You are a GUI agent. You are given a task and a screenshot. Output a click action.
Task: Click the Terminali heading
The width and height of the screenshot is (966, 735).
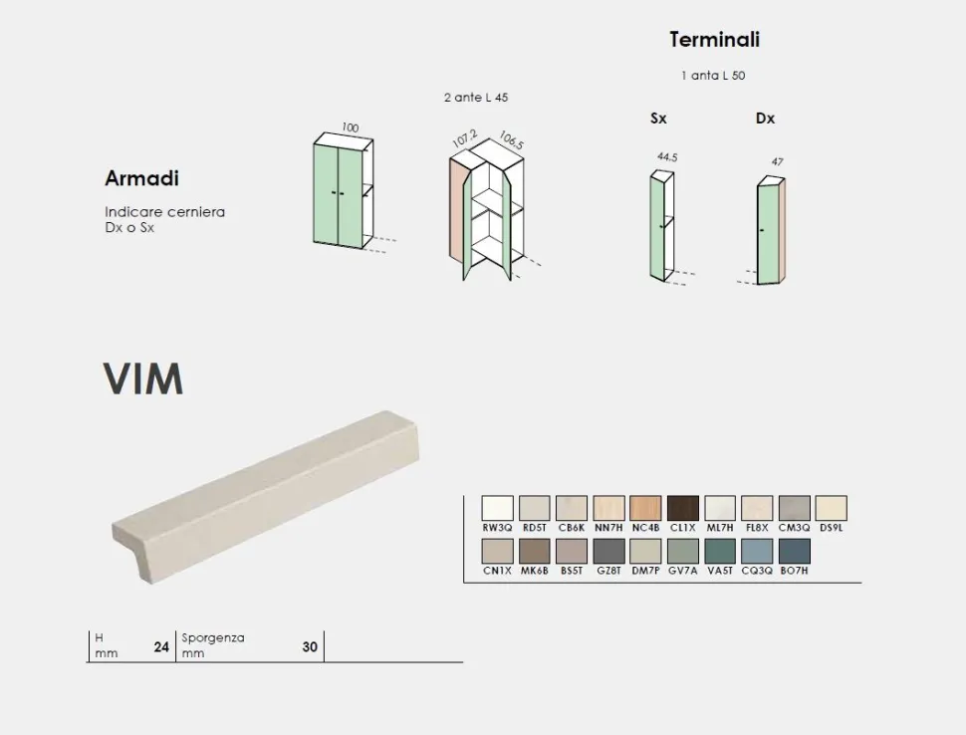[x=715, y=40]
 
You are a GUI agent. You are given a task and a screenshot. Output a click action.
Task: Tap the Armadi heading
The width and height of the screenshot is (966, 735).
[x=141, y=178]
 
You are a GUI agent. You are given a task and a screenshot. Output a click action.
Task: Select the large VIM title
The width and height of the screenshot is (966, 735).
[x=143, y=378]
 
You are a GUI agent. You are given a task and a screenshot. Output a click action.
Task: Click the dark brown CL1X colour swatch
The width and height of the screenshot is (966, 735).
[x=682, y=508]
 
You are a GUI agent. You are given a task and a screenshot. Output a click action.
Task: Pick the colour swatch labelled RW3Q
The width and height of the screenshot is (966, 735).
[x=497, y=508]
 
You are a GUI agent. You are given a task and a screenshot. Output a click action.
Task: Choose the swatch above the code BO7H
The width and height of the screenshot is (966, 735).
[x=794, y=552]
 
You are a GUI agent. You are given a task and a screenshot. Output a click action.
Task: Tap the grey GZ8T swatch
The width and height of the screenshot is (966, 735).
[x=608, y=552]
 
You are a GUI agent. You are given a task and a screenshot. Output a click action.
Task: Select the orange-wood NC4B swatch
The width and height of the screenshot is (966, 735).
[x=645, y=508]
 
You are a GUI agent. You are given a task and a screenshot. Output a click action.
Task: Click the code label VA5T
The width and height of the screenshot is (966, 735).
[x=720, y=571]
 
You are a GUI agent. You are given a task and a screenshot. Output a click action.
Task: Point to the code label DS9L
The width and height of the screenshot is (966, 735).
[x=832, y=528]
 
